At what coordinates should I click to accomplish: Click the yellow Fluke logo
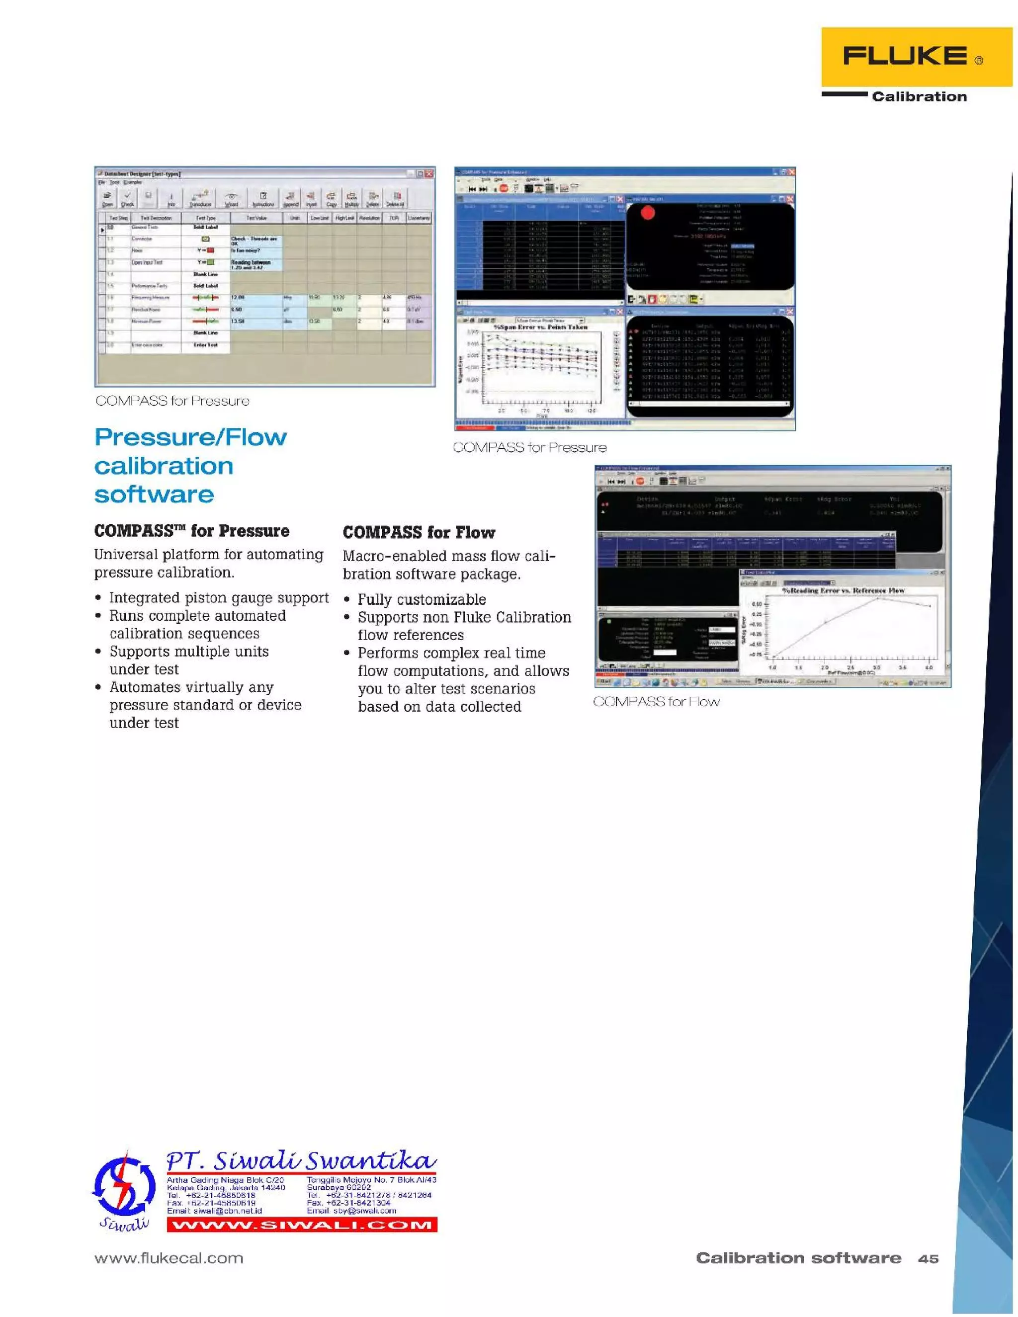pos(916,57)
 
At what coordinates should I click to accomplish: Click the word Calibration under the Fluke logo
pos(919,96)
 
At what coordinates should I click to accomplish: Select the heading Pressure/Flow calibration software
pos(190,466)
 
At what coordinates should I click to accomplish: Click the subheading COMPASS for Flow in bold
pos(419,532)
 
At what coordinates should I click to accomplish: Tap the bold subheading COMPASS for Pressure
pos(191,531)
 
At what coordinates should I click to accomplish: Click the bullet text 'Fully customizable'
pos(422,599)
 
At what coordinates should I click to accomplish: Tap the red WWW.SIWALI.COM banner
pos(302,1225)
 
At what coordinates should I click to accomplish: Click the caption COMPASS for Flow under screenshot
pos(656,701)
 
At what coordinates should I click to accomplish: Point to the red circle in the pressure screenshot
pos(648,213)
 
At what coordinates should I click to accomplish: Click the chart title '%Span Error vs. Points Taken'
pos(540,327)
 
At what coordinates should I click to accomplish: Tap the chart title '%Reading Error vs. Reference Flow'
pos(843,590)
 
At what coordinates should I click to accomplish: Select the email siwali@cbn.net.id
pos(214,1210)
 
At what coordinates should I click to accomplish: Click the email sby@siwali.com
pos(351,1210)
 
